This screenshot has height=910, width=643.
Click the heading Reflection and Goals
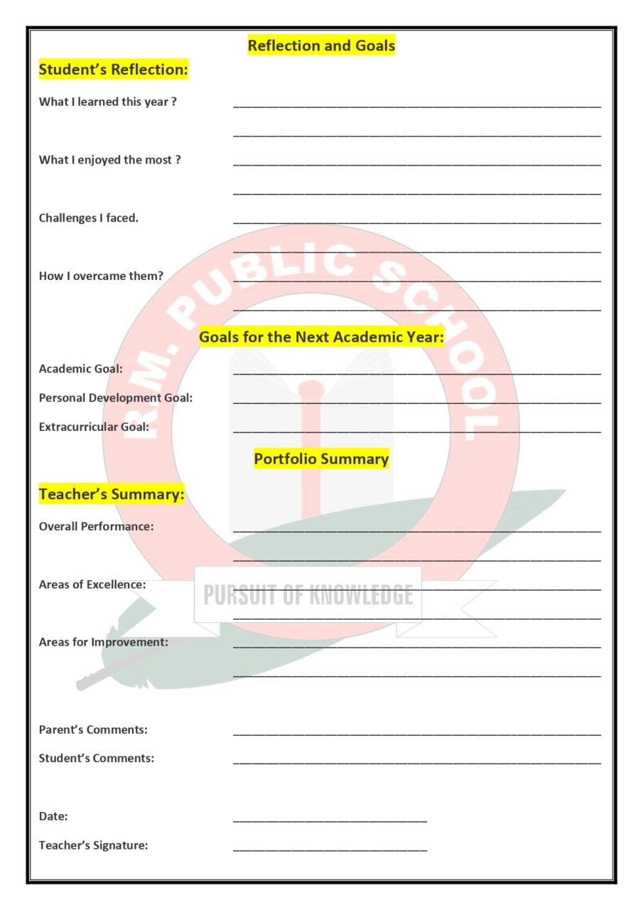(x=321, y=46)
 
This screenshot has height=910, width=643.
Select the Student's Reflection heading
(x=113, y=70)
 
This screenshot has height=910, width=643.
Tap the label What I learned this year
(x=107, y=102)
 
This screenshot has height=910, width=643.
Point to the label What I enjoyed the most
(x=109, y=160)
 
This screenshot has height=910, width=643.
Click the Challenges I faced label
(x=89, y=218)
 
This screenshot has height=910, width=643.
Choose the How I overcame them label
(x=101, y=276)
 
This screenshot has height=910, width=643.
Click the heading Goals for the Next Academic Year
(x=321, y=337)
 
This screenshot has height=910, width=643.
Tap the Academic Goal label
(x=80, y=369)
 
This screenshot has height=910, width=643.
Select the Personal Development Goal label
(x=115, y=398)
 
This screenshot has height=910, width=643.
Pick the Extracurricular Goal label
(x=94, y=427)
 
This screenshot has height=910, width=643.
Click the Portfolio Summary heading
(x=321, y=459)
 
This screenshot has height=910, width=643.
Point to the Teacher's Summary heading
(x=112, y=494)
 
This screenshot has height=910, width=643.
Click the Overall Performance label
(x=96, y=527)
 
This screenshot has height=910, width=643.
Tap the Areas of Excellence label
(x=92, y=584)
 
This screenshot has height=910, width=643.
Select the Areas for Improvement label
(x=103, y=642)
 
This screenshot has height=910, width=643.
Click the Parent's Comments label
(x=93, y=729)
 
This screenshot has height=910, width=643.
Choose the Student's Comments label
(x=96, y=758)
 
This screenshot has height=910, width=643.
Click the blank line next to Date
(x=330, y=820)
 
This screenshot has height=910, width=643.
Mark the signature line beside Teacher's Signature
(x=330, y=849)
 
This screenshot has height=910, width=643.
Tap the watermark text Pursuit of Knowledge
(x=308, y=595)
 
